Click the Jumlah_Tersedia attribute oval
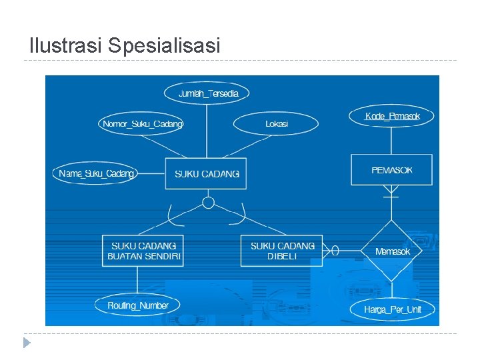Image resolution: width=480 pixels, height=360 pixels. coord(207,93)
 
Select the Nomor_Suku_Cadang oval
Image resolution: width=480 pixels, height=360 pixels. coord(141,123)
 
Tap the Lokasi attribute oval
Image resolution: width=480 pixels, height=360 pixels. coord(276,124)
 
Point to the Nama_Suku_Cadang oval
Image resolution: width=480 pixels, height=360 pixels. coord(96,173)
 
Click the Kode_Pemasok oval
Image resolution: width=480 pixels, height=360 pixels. coord(393,117)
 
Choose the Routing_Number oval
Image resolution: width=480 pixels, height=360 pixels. coord(138,305)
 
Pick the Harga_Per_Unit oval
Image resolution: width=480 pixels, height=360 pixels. coord(393,309)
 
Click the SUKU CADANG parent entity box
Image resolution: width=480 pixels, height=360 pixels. coord(206,173)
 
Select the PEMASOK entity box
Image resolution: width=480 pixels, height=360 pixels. coord(391,170)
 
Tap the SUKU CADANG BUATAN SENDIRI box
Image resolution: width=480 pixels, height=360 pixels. coord(143,251)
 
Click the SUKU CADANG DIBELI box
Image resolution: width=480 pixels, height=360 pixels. coord(281,251)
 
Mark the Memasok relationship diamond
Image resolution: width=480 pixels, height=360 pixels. coord(392,251)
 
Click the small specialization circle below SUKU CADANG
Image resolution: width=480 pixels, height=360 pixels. coord(208,203)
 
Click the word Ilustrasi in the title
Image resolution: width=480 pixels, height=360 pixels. coord(66,46)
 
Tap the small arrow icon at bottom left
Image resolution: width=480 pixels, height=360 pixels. coord(26,343)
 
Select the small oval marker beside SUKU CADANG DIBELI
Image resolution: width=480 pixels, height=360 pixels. coord(335,251)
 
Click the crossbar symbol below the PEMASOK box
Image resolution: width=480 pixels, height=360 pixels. coord(391,197)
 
